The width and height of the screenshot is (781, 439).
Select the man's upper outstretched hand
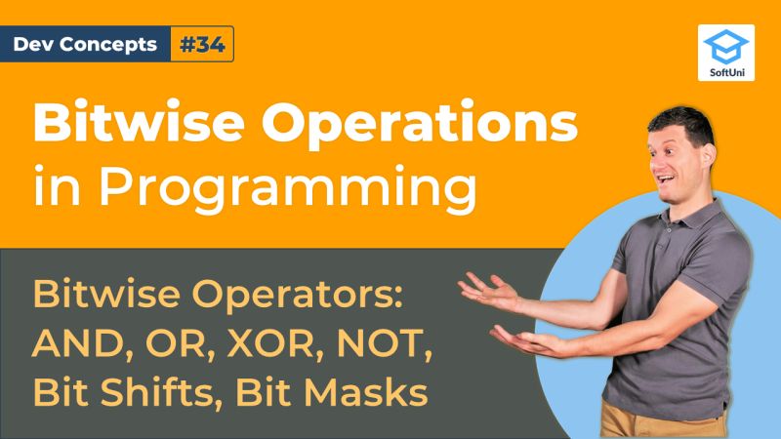488,288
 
